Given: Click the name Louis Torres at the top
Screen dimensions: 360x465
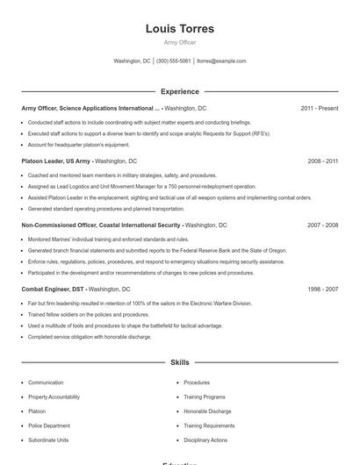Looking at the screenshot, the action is click(x=179, y=29).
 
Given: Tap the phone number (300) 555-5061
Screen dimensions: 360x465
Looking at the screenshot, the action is click(x=173, y=61).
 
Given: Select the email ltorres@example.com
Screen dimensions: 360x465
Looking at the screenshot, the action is click(x=221, y=61).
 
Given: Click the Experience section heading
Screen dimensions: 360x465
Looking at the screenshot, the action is click(x=179, y=91).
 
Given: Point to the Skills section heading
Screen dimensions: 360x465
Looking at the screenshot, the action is click(x=179, y=361).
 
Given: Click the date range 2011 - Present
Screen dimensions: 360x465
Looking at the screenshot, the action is click(x=319, y=108).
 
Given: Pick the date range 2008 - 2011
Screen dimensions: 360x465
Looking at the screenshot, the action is click(x=322, y=161).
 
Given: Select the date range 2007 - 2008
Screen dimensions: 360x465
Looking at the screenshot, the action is click(x=322, y=225).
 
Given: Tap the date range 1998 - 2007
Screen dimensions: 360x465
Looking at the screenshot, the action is click(x=322, y=289).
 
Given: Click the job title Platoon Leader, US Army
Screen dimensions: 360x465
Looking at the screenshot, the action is click(x=56, y=161).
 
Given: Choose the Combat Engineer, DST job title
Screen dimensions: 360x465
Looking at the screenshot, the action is click(x=53, y=289).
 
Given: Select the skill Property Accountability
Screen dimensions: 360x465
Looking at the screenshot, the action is click(x=54, y=397).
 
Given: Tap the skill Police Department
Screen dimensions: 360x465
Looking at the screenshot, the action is click(x=48, y=426).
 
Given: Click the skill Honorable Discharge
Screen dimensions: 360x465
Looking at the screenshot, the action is click(x=207, y=411).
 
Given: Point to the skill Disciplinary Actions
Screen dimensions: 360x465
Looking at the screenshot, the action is click(x=205, y=440).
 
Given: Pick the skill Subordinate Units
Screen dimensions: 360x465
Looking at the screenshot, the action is click(x=47, y=440).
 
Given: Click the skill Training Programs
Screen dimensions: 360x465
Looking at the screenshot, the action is click(x=204, y=397).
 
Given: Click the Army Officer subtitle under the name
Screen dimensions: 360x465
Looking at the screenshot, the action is click(x=179, y=42).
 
